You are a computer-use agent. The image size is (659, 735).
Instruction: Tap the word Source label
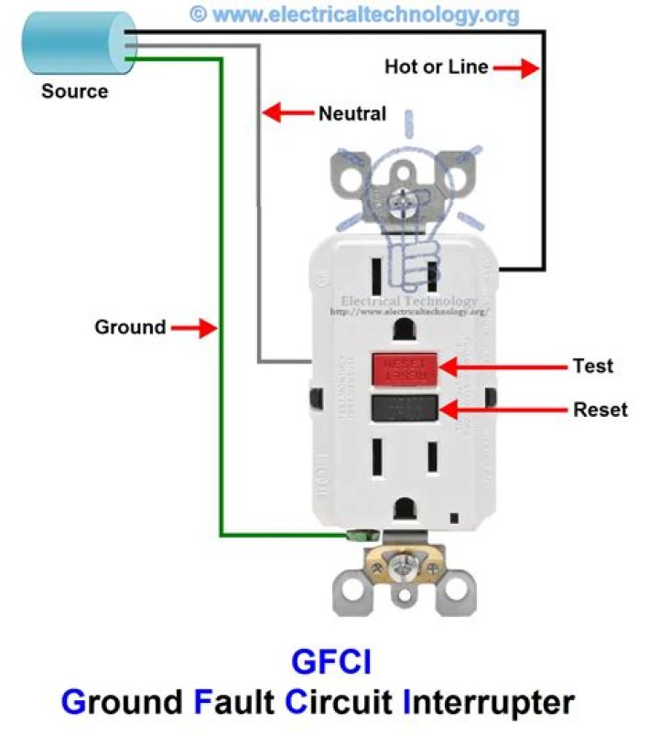[74, 91]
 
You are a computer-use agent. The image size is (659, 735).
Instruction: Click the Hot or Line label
[436, 67]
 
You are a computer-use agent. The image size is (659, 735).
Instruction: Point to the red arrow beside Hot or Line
[516, 67]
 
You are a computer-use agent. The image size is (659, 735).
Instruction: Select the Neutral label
[352, 114]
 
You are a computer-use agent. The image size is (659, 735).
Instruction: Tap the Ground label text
[130, 326]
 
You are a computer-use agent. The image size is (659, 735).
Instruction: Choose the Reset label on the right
[600, 409]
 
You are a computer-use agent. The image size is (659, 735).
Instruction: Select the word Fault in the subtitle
[232, 703]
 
